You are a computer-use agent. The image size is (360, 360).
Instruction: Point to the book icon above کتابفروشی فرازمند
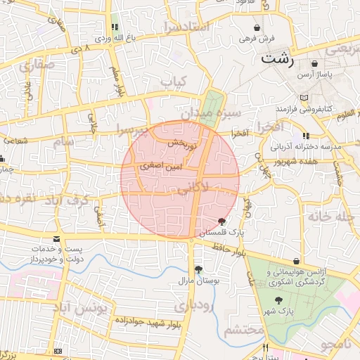(x=304, y=98)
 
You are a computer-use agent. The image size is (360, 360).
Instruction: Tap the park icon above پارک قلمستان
(x=223, y=221)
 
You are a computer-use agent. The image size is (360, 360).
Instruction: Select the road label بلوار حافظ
(x=226, y=247)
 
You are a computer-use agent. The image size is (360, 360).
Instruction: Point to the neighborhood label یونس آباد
(x=82, y=307)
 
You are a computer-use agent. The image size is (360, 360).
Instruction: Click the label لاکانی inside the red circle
(x=192, y=188)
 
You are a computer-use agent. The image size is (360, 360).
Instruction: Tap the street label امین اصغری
(x=161, y=167)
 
